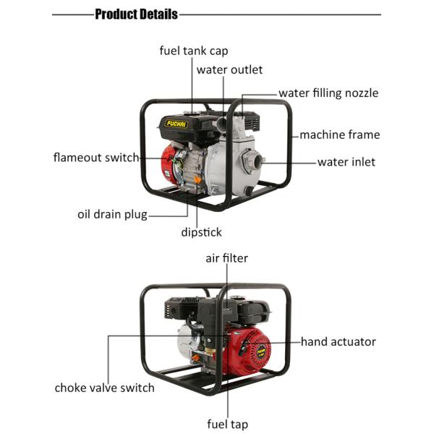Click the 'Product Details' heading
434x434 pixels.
(137, 14)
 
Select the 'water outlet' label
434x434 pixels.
(229, 70)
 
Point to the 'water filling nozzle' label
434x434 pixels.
(328, 93)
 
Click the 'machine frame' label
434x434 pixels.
(339, 135)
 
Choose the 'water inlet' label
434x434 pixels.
(346, 162)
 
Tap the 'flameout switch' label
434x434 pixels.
(96, 157)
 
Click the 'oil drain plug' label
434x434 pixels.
(112, 214)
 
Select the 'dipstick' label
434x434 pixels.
(201, 232)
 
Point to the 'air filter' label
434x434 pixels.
(226, 258)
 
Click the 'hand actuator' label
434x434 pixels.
(338, 341)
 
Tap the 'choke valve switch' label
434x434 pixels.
(104, 388)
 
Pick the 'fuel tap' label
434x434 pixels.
(228, 425)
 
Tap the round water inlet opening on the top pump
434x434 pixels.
(252, 160)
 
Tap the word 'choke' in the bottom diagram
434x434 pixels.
(72, 388)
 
